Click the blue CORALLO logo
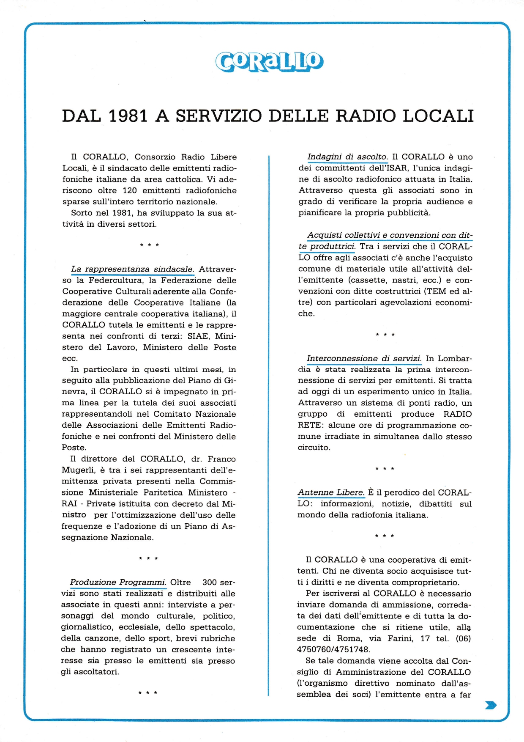coord(270,62)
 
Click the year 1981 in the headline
coord(128,116)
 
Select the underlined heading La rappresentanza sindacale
coord(132,269)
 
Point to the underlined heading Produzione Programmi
coord(118,582)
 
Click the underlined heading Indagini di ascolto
coord(347,157)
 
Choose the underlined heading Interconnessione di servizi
coord(364,358)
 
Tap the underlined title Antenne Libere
coord(331,492)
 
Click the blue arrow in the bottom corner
coord(491,705)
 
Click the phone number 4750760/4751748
coord(333,649)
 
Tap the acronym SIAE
coord(198,336)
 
